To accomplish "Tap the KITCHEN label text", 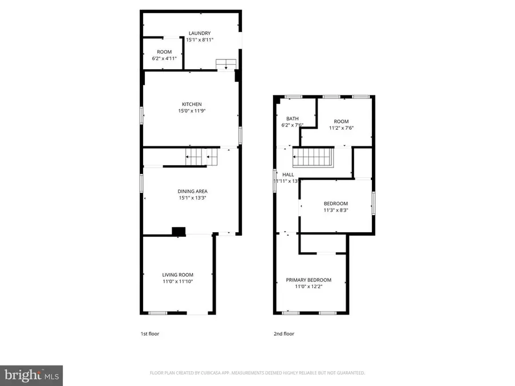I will [x=191, y=104].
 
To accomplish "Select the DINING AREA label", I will [x=191, y=191].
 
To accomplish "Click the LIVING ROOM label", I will [x=177, y=274].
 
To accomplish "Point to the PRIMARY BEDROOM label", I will [x=308, y=280].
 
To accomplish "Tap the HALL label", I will [x=288, y=174].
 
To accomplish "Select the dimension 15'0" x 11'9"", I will [x=191, y=111].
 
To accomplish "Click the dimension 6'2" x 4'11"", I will [x=164, y=58].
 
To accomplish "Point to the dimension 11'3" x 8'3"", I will [x=335, y=210].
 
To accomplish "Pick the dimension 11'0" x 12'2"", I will [x=308, y=287].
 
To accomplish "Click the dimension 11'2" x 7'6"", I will [x=341, y=128].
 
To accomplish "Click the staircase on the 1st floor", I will [x=201, y=156].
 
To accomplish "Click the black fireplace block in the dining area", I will [x=179, y=231].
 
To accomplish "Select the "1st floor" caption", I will [x=149, y=334].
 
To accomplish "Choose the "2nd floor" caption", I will [x=284, y=334].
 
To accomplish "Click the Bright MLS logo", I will [x=31, y=375].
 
